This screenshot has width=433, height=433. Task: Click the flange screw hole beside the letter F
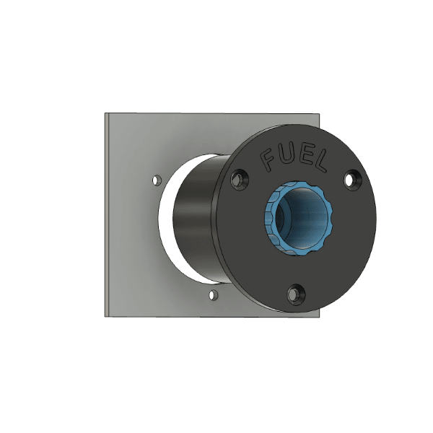[x=239, y=179]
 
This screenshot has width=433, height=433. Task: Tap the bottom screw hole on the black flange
[x=295, y=293]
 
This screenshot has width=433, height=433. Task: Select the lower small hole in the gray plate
[x=212, y=295]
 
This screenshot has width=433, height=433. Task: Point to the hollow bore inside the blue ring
[x=303, y=214]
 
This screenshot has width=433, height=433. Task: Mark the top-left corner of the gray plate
[x=105, y=114]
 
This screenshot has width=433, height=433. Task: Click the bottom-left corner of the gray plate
[x=105, y=315]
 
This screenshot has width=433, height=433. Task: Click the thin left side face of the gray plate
[x=107, y=216]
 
